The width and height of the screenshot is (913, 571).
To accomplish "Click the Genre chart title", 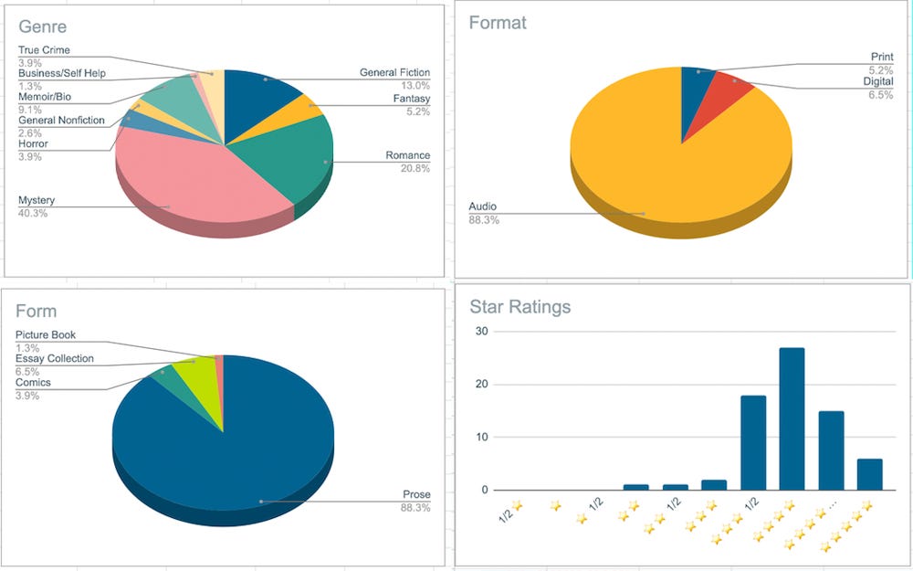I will (42, 27).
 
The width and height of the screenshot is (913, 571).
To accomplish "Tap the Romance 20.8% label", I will (407, 162).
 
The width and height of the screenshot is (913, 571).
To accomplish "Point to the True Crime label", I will (44, 50).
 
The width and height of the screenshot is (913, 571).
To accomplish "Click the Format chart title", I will (498, 23).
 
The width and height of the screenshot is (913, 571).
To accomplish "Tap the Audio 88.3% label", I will (484, 213).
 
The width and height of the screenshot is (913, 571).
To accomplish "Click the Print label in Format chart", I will (881, 58).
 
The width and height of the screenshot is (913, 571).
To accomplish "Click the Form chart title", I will (36, 312).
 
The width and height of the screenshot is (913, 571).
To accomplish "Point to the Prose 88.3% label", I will (415, 501).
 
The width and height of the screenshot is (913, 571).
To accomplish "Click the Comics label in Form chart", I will (33, 383).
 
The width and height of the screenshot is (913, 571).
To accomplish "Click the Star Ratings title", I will (519, 307).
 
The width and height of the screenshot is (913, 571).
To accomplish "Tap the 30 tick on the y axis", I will (480, 332).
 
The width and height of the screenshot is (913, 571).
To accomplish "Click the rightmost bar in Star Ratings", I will (869, 474).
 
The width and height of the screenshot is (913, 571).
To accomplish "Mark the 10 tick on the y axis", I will (480, 438).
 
